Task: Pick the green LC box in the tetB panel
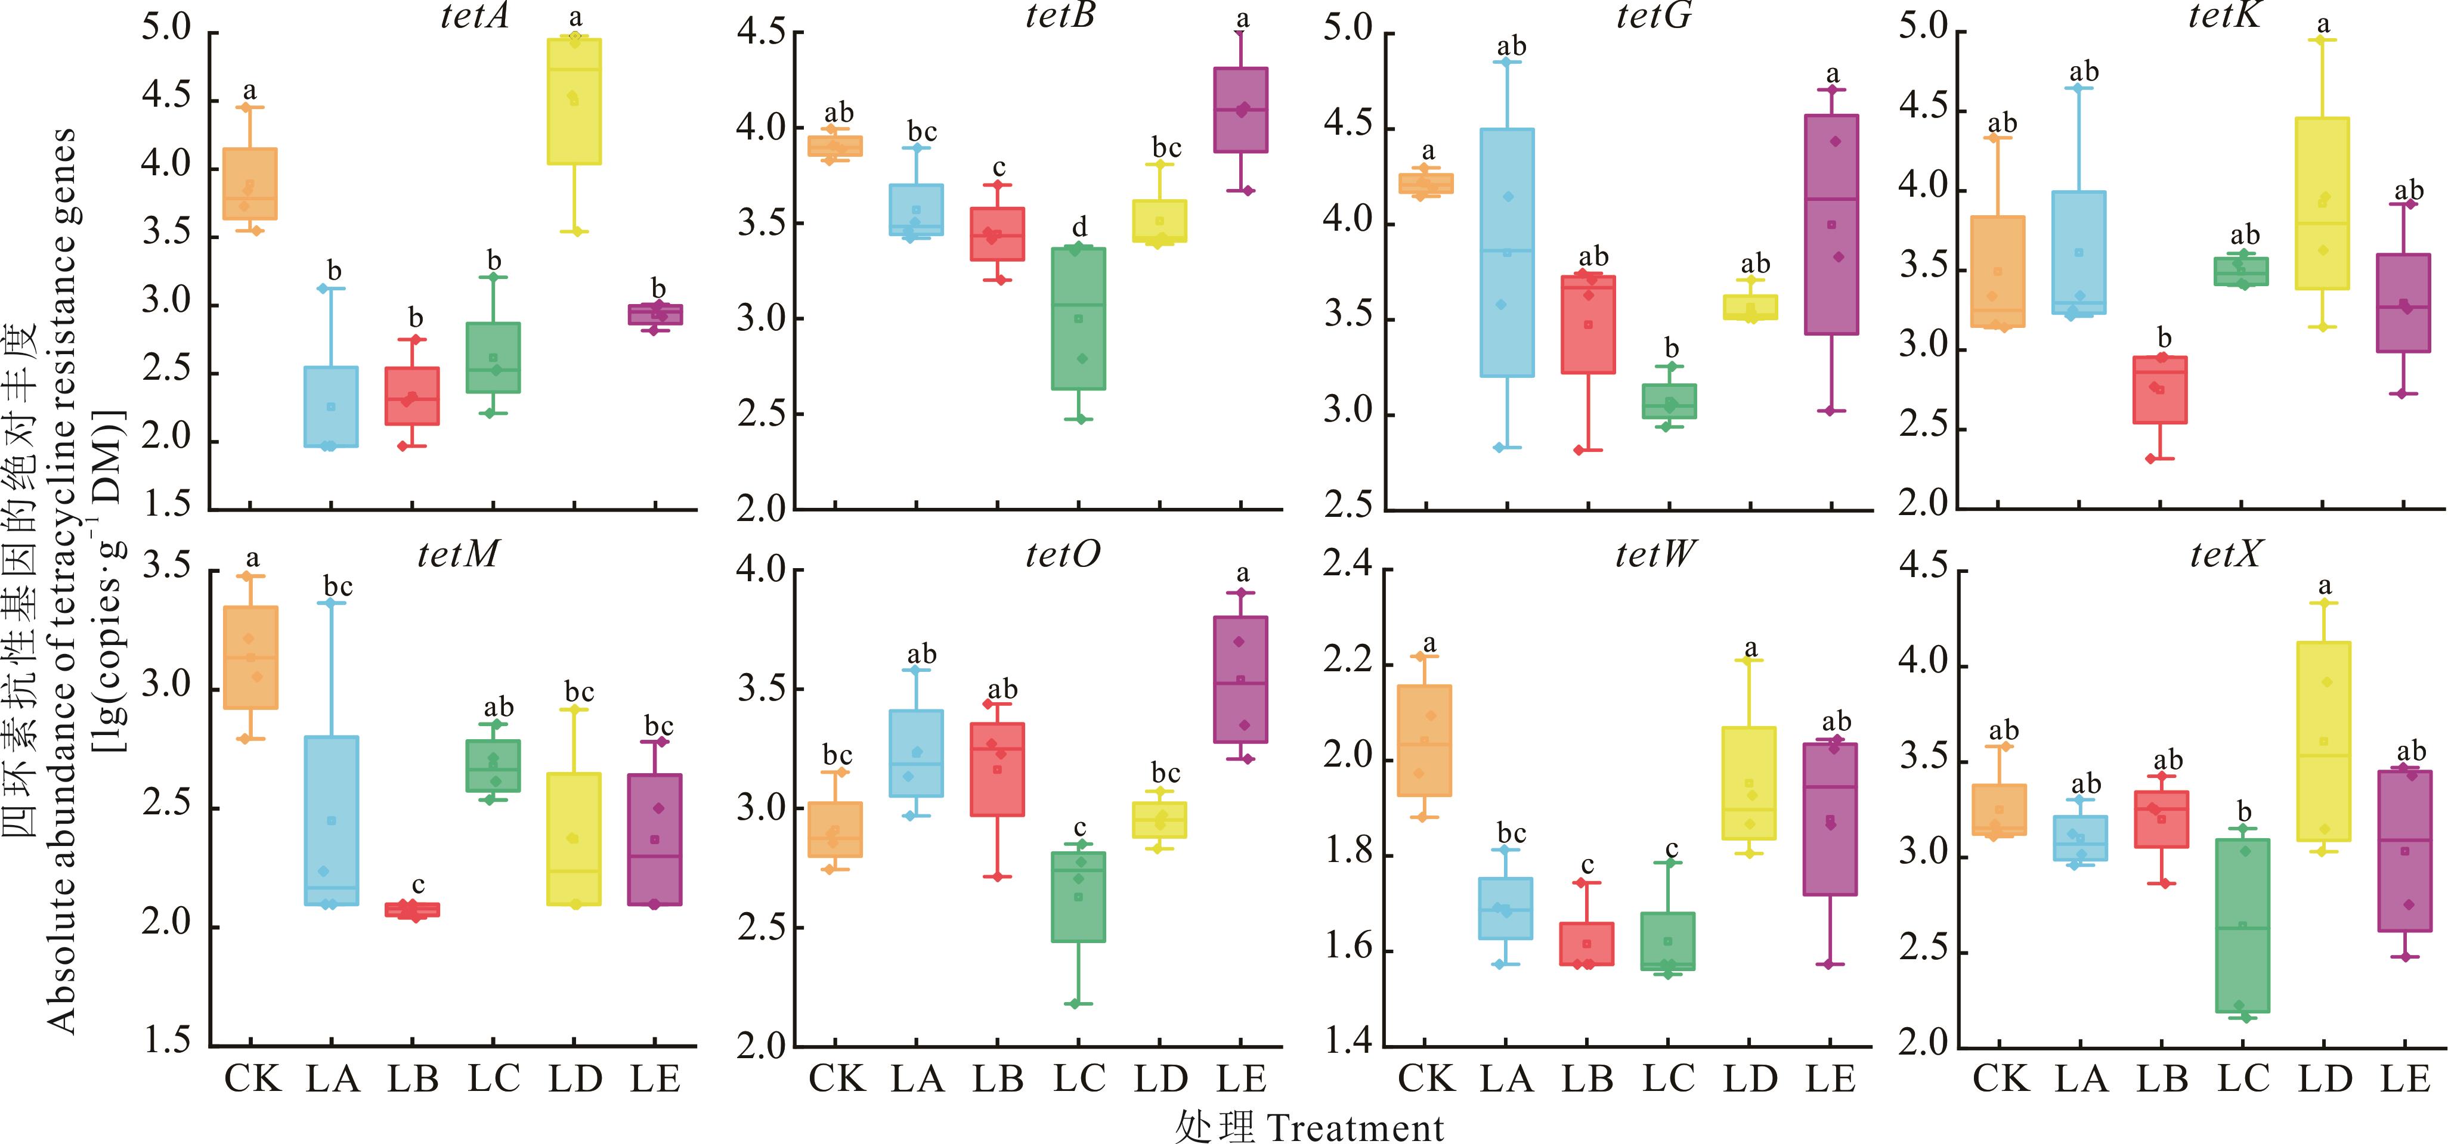pyautogui.click(x=1079, y=318)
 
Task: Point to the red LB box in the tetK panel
pyautogui.click(x=2160, y=389)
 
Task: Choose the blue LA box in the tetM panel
pyautogui.click(x=332, y=820)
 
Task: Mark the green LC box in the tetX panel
pyautogui.click(x=2243, y=925)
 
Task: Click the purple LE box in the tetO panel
pyautogui.click(x=1240, y=680)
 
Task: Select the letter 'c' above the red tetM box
pyautogui.click(x=418, y=885)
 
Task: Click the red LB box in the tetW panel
pyautogui.click(x=1587, y=944)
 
